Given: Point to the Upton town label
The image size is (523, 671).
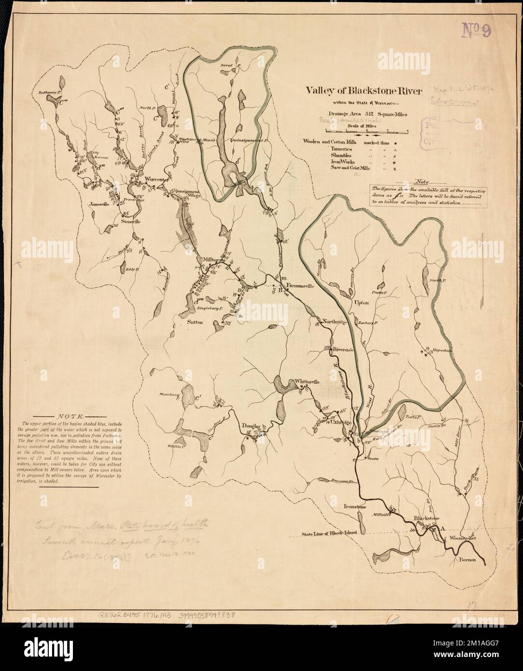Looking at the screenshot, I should click(362, 303).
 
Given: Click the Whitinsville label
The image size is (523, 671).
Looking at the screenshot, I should click(307, 381).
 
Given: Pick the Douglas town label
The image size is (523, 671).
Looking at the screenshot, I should click(251, 426).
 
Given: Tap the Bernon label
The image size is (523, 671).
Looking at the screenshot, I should click(463, 559).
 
